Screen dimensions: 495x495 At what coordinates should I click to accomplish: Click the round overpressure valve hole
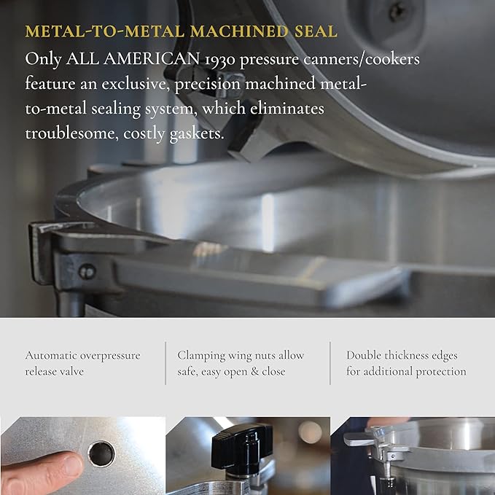(101, 453)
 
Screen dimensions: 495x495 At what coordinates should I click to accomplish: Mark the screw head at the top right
(398, 11)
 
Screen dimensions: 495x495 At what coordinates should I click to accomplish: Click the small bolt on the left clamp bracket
(87, 272)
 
